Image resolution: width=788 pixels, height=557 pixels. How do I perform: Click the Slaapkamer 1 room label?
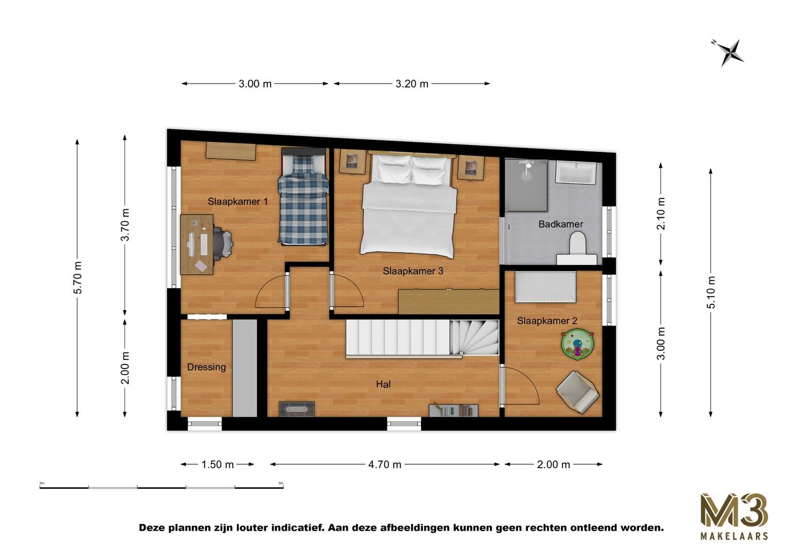tap(238, 202)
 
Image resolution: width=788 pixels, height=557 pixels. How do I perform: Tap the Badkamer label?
tap(560, 224)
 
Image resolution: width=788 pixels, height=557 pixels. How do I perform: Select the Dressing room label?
tap(206, 367)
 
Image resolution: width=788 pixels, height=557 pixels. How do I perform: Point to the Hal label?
tap(383, 384)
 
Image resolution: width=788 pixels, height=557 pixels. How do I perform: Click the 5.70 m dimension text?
tap(77, 277)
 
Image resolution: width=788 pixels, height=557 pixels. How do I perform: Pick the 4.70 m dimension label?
tap(384, 465)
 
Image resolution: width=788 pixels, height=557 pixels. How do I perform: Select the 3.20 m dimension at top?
tap(412, 84)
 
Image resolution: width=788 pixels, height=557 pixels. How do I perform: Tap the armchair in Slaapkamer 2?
tap(577, 390)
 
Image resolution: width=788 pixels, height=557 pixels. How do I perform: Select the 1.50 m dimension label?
tap(218, 465)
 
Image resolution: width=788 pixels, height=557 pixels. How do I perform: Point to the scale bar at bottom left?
tap(162, 486)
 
